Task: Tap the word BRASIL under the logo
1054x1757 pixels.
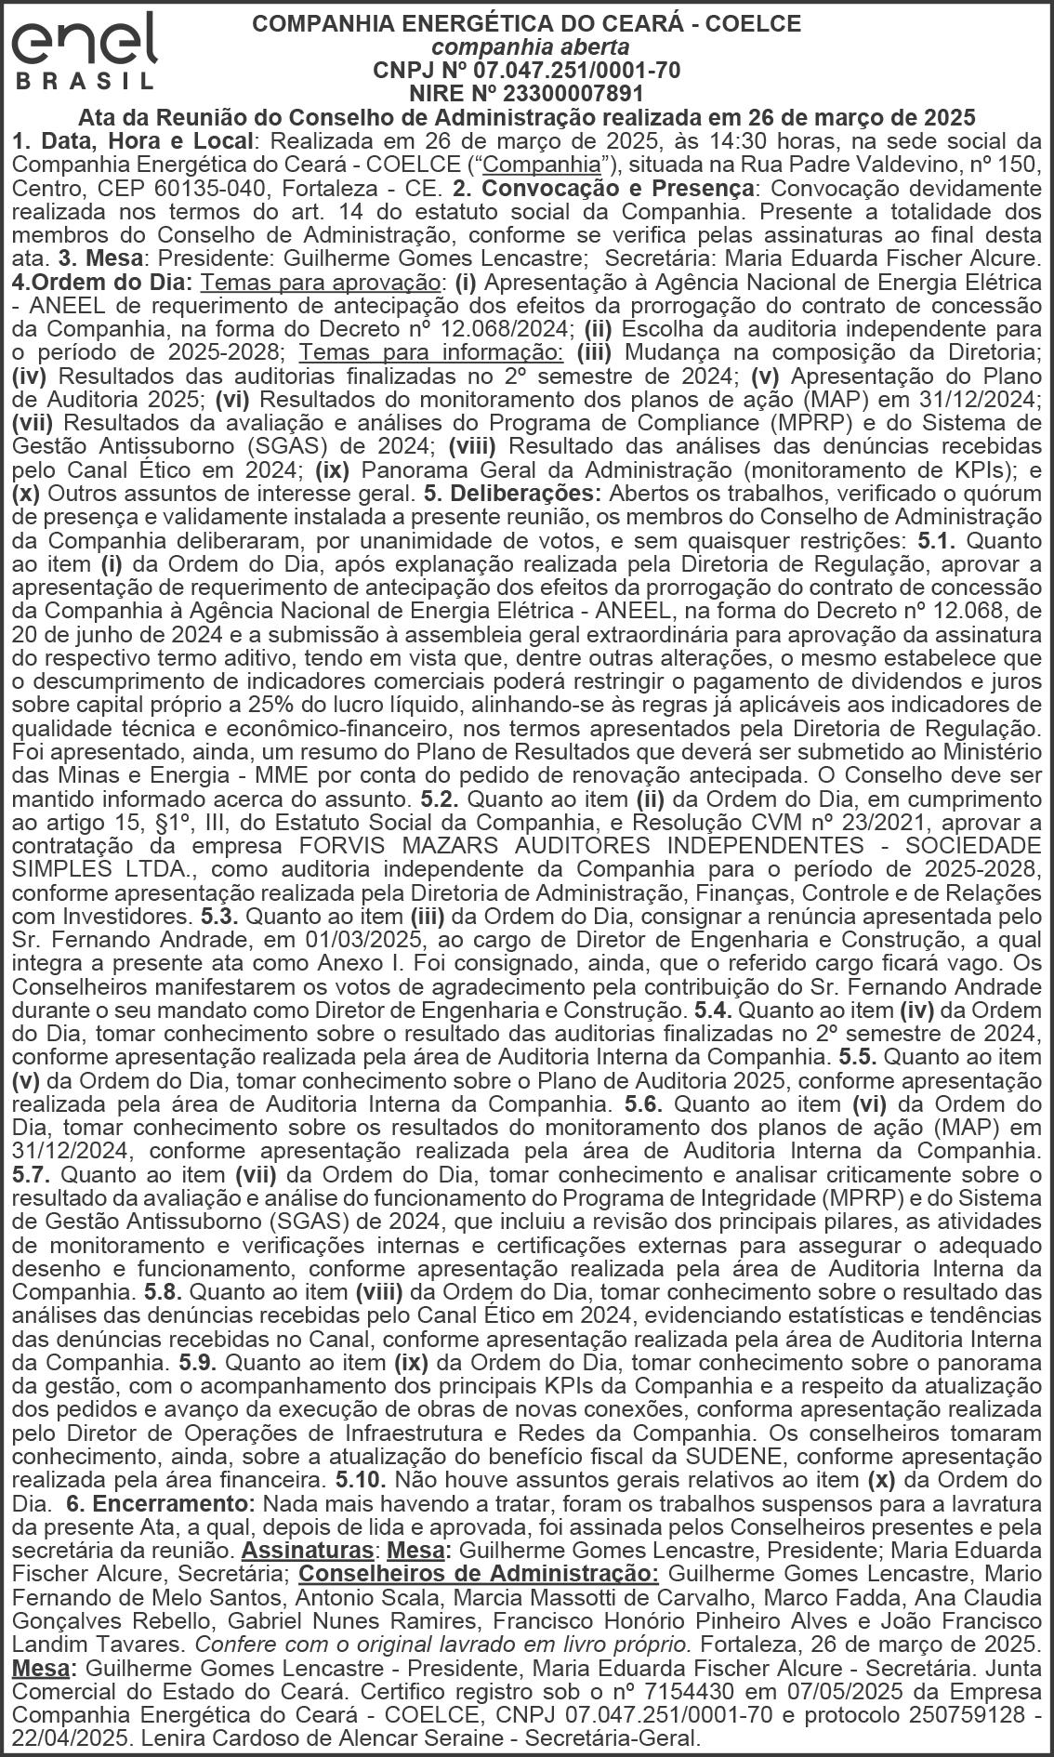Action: pyautogui.click(x=85, y=81)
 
